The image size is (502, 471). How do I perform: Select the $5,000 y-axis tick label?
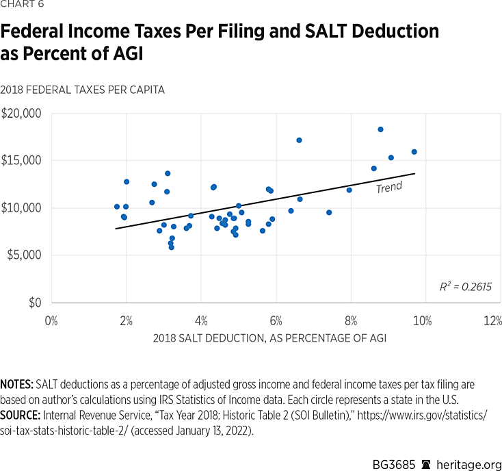pyautogui.click(x=23, y=255)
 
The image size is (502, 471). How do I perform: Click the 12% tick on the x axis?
pyautogui.click(x=492, y=320)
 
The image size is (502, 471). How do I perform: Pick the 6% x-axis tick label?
pyautogui.click(x=276, y=320)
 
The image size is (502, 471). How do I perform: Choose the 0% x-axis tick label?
pyautogui.click(x=51, y=320)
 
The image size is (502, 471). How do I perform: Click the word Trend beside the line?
pyautogui.click(x=388, y=187)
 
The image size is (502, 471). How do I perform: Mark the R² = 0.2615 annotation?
pyautogui.click(x=466, y=287)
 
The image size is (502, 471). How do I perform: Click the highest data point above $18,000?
pyautogui.click(x=380, y=129)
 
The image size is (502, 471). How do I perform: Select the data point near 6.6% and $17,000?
pyautogui.click(x=299, y=140)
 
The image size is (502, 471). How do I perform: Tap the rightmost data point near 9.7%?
pyautogui.click(x=414, y=152)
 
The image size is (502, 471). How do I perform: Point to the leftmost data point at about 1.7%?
pyautogui.click(x=117, y=207)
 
